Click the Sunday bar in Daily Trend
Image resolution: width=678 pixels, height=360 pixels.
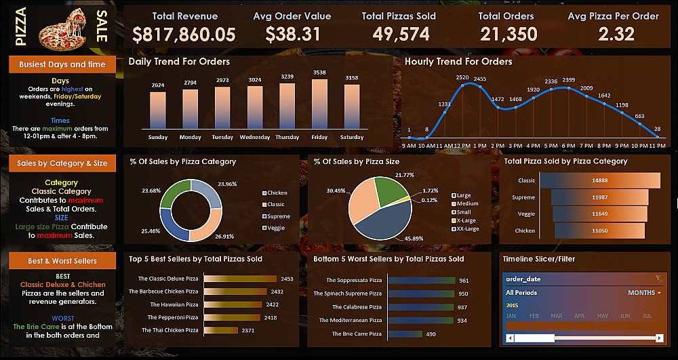coord(158,111)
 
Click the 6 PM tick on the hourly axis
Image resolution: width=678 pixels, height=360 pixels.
coord(567,145)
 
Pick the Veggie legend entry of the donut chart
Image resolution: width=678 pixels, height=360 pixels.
coord(275,228)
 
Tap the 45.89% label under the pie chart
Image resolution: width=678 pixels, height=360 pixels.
coord(415,239)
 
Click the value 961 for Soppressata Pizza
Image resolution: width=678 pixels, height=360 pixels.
coord(464,280)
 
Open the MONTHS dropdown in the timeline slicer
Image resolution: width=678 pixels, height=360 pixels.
coord(645,293)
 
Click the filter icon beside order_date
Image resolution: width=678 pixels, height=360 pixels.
coord(658,279)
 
